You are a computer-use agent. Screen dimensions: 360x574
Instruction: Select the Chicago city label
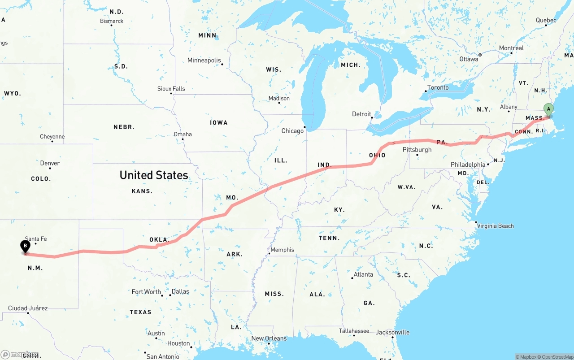click(x=292, y=131)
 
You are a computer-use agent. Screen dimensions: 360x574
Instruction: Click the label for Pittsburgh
click(x=417, y=149)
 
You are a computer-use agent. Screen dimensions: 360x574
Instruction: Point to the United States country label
click(x=154, y=175)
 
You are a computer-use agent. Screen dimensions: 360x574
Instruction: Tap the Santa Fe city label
click(x=36, y=239)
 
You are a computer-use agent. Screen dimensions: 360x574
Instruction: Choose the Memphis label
click(x=283, y=250)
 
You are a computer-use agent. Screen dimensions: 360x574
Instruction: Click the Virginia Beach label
click(x=496, y=226)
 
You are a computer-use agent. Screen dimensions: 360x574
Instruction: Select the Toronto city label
click(x=438, y=87)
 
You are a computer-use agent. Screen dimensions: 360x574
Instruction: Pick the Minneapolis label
click(x=204, y=60)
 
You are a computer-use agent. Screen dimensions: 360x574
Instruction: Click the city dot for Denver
click(x=50, y=168)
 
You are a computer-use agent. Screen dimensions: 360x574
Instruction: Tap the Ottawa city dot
click(x=480, y=55)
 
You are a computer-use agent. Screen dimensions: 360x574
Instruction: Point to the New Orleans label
click(x=269, y=338)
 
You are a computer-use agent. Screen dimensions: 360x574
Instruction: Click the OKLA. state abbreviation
click(x=159, y=240)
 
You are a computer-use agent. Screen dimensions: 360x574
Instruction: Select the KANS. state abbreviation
click(x=142, y=191)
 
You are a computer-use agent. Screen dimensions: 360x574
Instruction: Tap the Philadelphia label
click(x=468, y=165)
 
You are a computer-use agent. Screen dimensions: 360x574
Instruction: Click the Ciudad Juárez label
click(x=28, y=308)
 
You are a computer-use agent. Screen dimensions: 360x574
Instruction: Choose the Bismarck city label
click(x=112, y=21)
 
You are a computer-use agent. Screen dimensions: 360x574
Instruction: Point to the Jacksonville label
click(x=393, y=332)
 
